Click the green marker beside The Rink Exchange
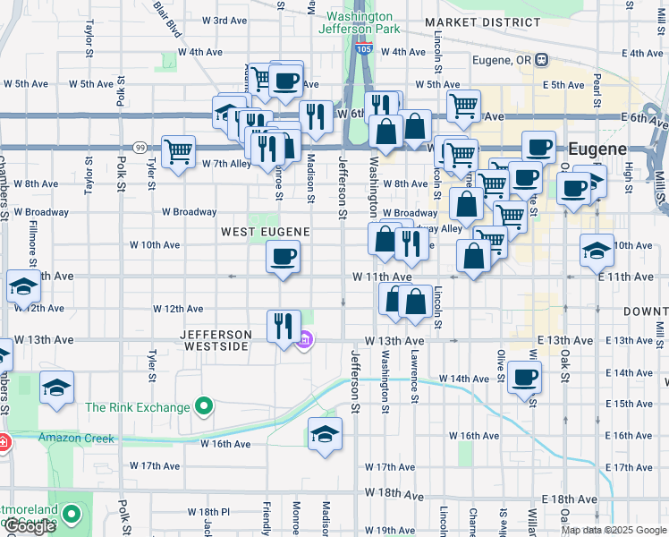[204, 408]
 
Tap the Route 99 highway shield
[140, 147]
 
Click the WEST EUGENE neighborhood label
[266, 232]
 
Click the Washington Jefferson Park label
[359, 22]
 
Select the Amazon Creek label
[75, 438]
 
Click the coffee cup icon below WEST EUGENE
[284, 259]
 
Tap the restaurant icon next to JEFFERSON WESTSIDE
[284, 326]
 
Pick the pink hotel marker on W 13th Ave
[304, 339]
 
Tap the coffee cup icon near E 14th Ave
[524, 376]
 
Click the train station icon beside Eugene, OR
[542, 60]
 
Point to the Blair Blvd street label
[166, 19]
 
